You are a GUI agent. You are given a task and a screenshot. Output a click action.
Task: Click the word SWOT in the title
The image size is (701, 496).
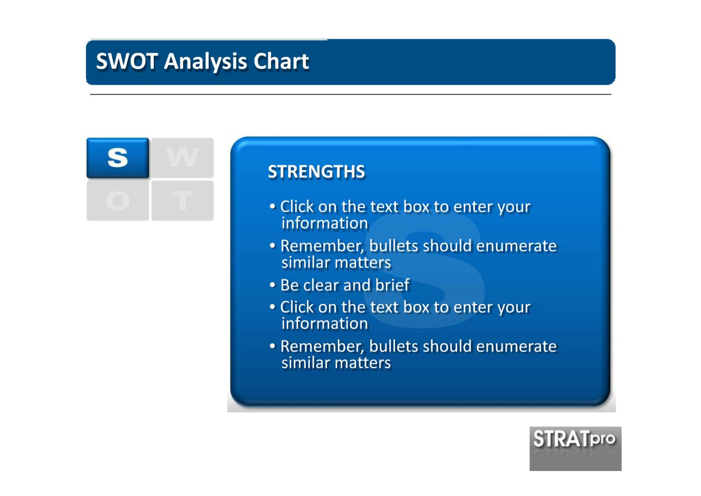[127, 61]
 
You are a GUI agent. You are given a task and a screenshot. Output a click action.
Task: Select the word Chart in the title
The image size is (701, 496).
[281, 61]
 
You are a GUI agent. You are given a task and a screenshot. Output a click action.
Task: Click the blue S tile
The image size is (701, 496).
[118, 158]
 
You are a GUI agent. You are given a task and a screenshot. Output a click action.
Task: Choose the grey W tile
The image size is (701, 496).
[183, 158]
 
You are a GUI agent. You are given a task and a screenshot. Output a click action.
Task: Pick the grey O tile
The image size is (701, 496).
[118, 201]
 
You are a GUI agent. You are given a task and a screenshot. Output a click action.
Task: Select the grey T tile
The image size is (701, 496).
[183, 201]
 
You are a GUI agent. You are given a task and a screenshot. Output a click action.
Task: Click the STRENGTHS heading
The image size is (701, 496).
[316, 171]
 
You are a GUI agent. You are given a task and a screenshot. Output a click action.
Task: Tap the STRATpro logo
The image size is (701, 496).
[575, 448]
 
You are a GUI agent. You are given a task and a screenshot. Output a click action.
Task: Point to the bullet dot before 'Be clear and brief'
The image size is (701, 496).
[272, 285]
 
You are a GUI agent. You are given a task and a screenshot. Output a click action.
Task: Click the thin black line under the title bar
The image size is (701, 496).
[350, 94]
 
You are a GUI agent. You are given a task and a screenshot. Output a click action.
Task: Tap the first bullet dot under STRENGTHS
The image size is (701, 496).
[272, 206]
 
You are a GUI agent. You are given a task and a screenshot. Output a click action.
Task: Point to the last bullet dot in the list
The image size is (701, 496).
[272, 346]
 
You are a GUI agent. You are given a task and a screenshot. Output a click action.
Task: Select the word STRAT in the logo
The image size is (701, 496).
[562, 438]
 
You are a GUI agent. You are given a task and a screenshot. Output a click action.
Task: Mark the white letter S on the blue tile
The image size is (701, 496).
[118, 157]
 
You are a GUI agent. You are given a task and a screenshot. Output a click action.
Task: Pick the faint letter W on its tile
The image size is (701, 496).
[182, 157]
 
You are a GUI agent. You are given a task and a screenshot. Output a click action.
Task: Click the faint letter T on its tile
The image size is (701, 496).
[183, 200]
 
